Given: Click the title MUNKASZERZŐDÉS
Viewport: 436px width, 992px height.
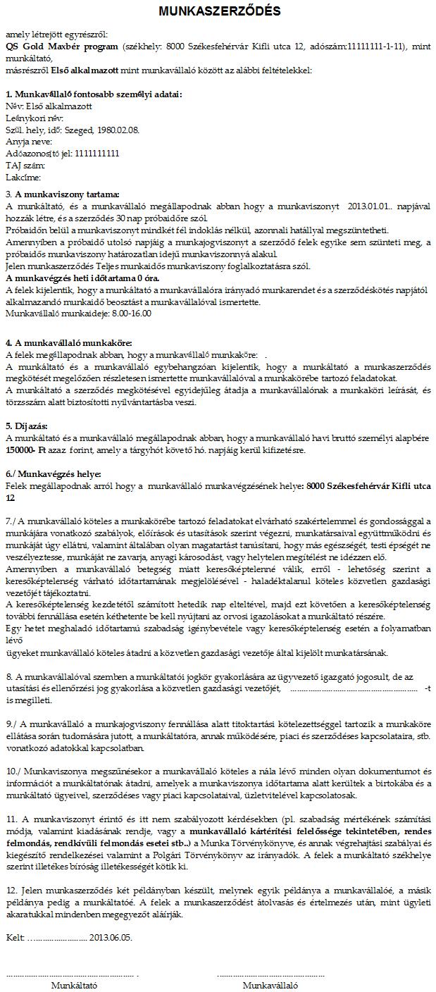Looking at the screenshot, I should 219,11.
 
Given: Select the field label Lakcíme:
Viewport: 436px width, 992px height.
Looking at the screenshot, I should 23,177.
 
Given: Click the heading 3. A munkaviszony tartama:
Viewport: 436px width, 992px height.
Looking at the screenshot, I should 62,194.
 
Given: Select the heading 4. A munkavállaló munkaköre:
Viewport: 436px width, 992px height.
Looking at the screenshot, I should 66,342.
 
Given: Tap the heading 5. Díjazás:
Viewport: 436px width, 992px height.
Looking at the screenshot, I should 27,426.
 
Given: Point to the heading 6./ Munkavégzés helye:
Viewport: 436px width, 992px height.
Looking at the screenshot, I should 54,473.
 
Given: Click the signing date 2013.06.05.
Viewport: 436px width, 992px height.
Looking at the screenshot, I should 111,938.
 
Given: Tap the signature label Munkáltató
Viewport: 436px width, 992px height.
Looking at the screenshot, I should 74,986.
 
